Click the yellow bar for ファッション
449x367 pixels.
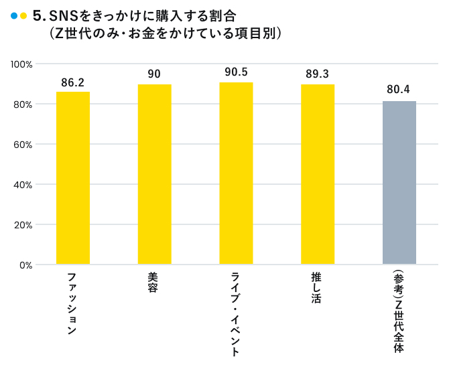coord(72,177)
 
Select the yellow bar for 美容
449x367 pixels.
coord(154,174)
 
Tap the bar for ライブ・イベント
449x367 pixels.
coord(236,173)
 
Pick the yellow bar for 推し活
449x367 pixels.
coord(318,174)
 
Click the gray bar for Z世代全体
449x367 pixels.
coord(399,183)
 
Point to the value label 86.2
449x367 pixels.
coord(72,83)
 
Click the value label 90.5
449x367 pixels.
coord(236,72)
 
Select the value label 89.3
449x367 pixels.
coord(318,74)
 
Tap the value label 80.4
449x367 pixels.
coord(399,88)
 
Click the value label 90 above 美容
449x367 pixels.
coord(154,74)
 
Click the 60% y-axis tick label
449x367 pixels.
coord(24,145)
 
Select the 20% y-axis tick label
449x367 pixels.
coord(24,225)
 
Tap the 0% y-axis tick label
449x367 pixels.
coord(27,265)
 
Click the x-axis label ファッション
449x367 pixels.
coord(72,303)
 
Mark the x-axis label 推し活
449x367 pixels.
coord(317,288)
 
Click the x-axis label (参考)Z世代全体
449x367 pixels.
coord(399,311)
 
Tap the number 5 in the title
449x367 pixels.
coord(38,15)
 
